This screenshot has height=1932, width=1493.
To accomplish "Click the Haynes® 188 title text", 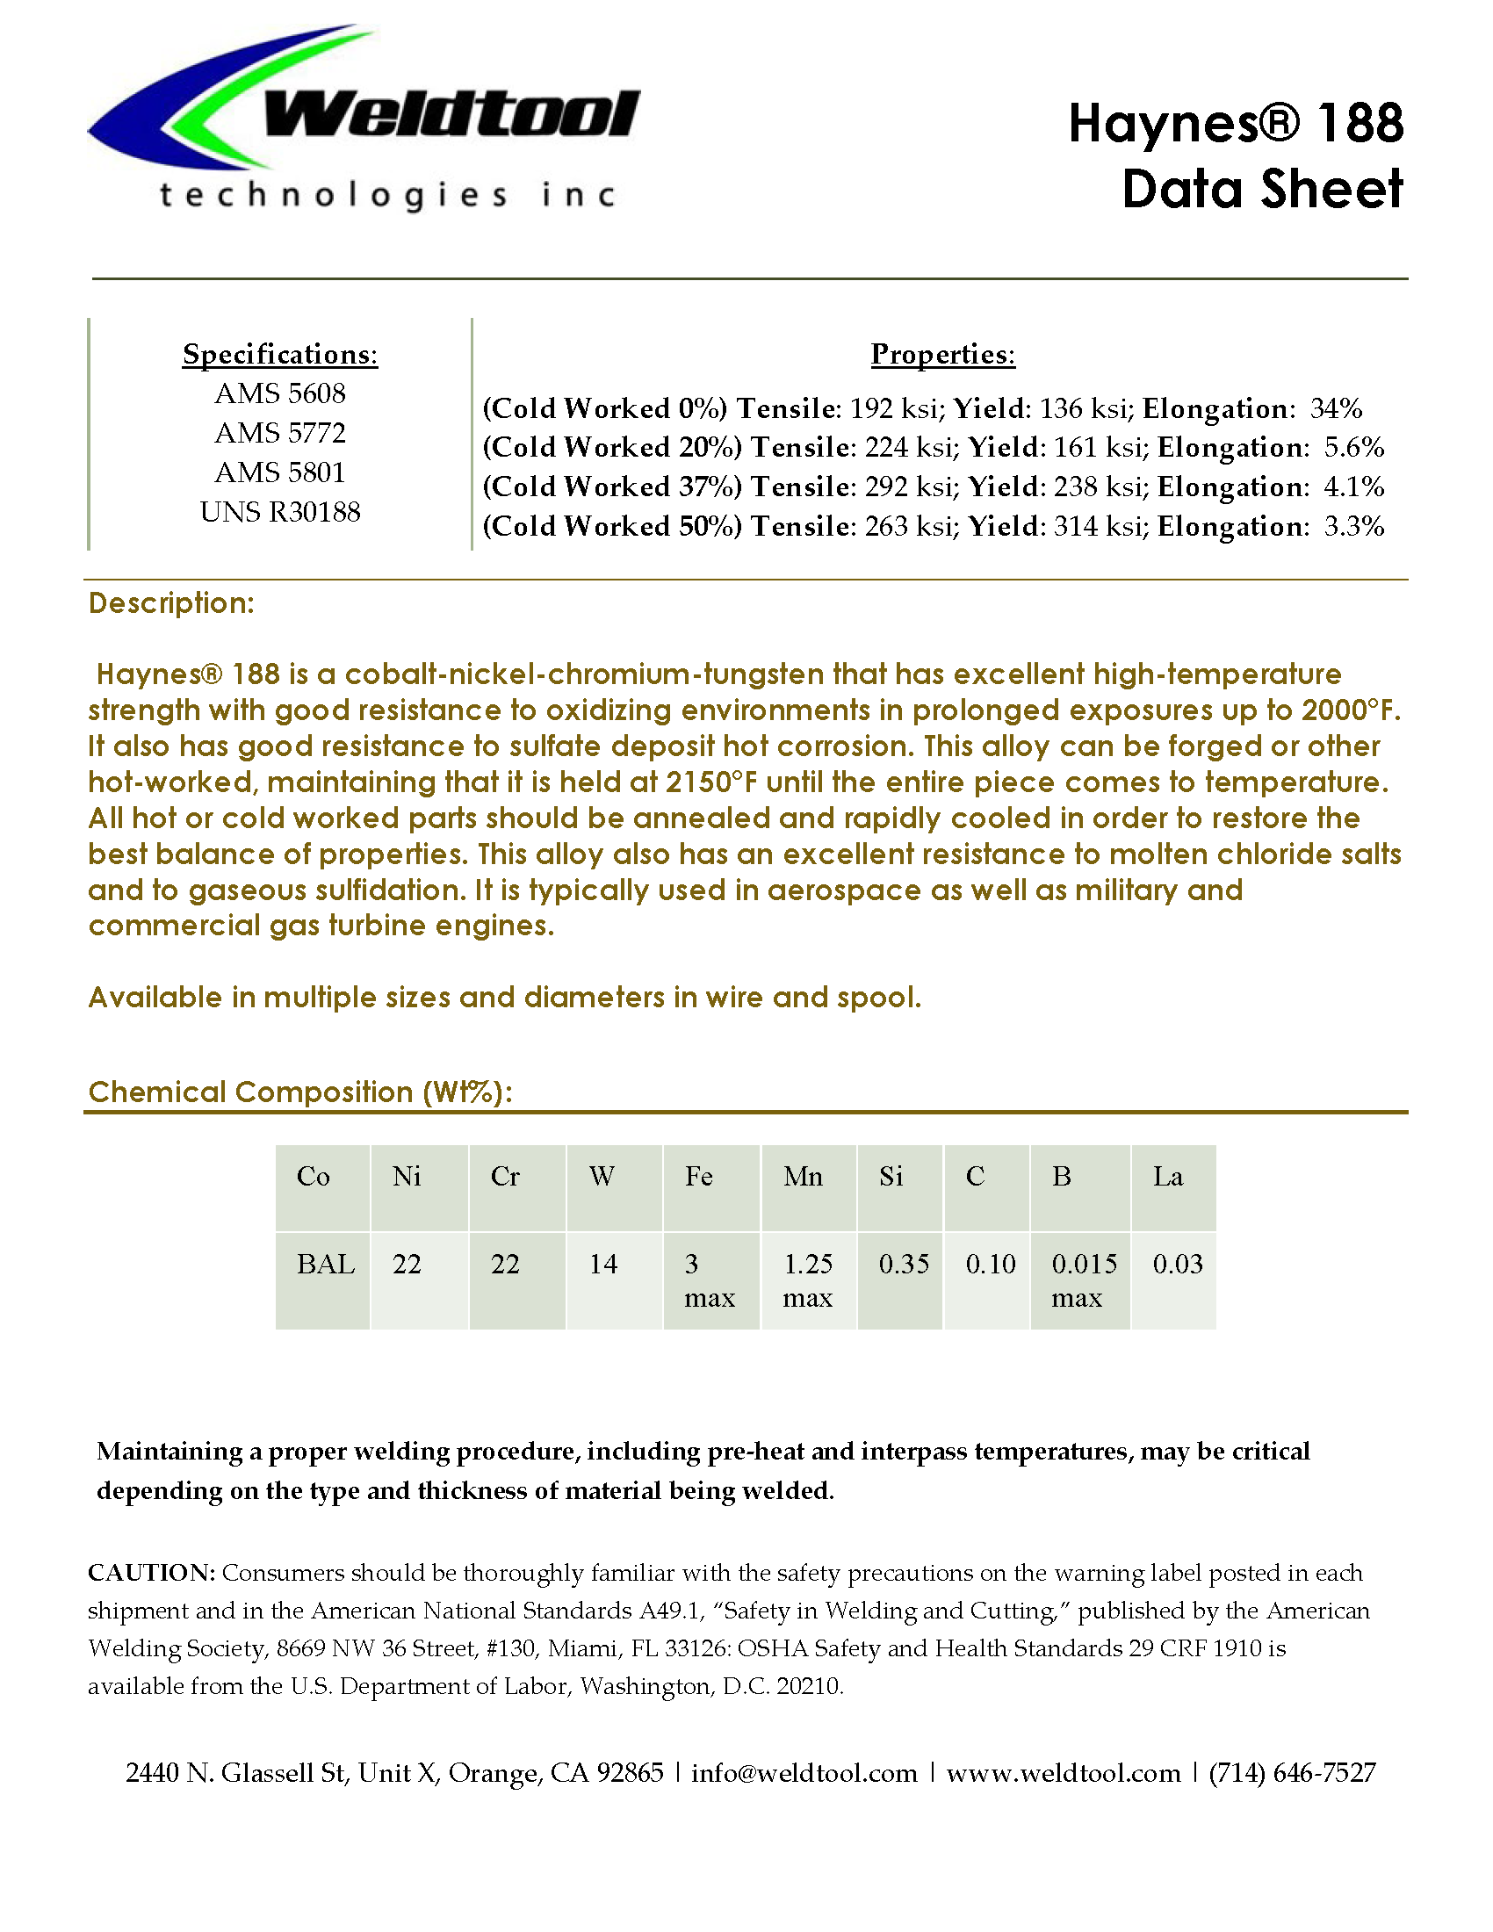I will click(1235, 123).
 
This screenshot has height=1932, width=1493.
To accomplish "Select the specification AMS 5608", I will click(279, 393).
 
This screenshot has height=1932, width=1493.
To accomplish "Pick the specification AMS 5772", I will click(279, 434).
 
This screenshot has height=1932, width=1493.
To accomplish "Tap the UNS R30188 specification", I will click(279, 512).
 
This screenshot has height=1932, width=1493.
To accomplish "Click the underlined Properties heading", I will click(943, 354).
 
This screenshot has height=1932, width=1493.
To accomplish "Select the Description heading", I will click(171, 603).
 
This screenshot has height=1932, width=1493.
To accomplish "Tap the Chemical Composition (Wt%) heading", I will click(299, 1092).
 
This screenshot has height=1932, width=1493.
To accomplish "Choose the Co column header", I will click(314, 1177).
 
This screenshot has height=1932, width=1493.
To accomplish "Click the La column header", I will click(1167, 1177).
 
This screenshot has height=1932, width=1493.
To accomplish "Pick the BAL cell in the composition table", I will click(326, 1264).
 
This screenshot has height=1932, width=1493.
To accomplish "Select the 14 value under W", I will click(603, 1264).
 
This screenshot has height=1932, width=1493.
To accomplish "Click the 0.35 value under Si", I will click(903, 1264).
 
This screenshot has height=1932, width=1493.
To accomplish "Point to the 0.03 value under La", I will click(1177, 1264).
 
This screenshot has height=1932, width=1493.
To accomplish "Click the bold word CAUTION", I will click(151, 1573).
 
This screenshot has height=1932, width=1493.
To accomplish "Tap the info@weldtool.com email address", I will click(804, 1773).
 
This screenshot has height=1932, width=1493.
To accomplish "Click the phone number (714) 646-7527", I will click(1292, 1773).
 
